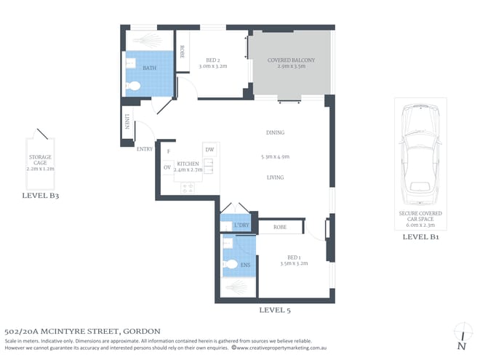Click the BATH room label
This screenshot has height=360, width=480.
pos(149,68)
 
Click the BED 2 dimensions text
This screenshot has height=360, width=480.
pos(213,65)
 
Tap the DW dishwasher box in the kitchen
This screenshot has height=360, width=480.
pos(209,150)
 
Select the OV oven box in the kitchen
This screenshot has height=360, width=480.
pos(167,167)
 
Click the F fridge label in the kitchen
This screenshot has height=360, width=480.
pos(169,151)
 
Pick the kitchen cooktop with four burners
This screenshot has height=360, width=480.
pos(188,188)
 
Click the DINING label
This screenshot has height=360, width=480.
pos(275,132)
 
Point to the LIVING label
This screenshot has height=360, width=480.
pos(275,177)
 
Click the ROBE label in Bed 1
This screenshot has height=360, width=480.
pos(280,228)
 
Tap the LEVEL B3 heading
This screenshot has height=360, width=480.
pos(41,196)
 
